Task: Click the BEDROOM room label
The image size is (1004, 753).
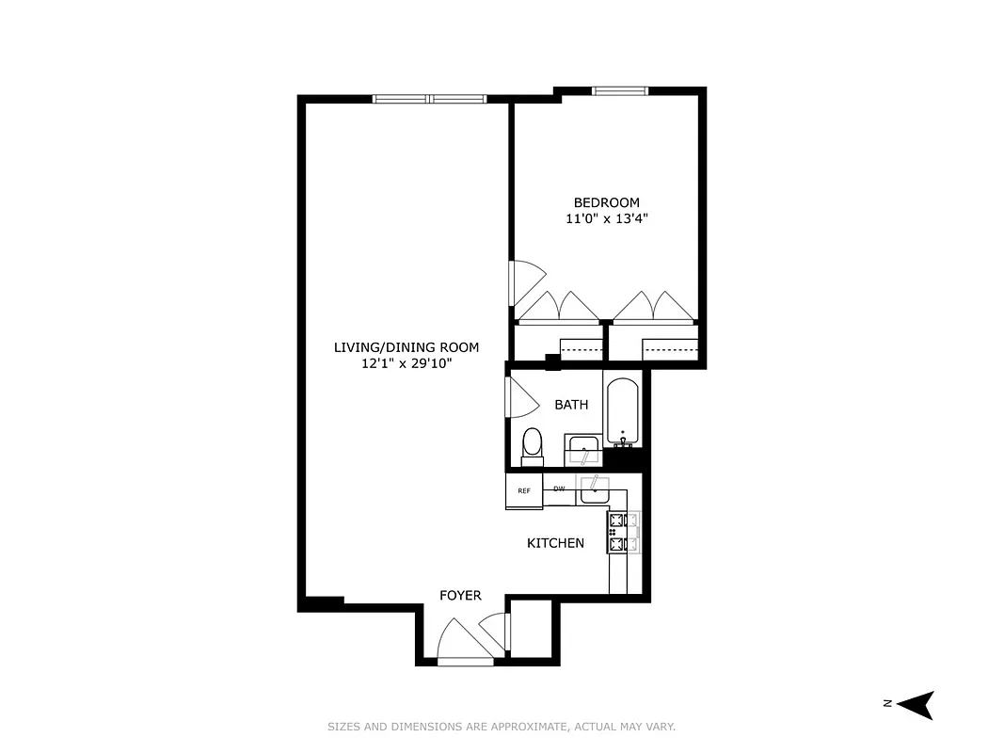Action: pyautogui.click(x=606, y=202)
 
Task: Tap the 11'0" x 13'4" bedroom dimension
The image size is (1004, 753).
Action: pyautogui.click(x=606, y=218)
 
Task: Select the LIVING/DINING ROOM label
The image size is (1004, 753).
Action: pyautogui.click(x=406, y=347)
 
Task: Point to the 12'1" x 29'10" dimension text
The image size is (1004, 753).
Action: pyautogui.click(x=406, y=363)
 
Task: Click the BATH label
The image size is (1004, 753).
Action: pyautogui.click(x=571, y=405)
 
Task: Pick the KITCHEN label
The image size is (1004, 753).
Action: pyautogui.click(x=555, y=543)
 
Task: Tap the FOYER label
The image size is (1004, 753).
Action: pyautogui.click(x=460, y=596)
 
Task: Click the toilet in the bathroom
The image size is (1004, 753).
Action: pyautogui.click(x=533, y=445)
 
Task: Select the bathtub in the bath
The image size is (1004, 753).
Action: pyautogui.click(x=622, y=412)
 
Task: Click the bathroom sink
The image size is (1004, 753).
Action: pyautogui.click(x=583, y=451)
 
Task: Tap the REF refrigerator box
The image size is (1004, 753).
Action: pyautogui.click(x=524, y=490)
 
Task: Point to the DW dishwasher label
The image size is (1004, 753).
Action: pyautogui.click(x=559, y=489)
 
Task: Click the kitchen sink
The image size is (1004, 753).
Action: pyautogui.click(x=595, y=489)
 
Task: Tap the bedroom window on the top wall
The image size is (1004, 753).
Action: pyautogui.click(x=620, y=91)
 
